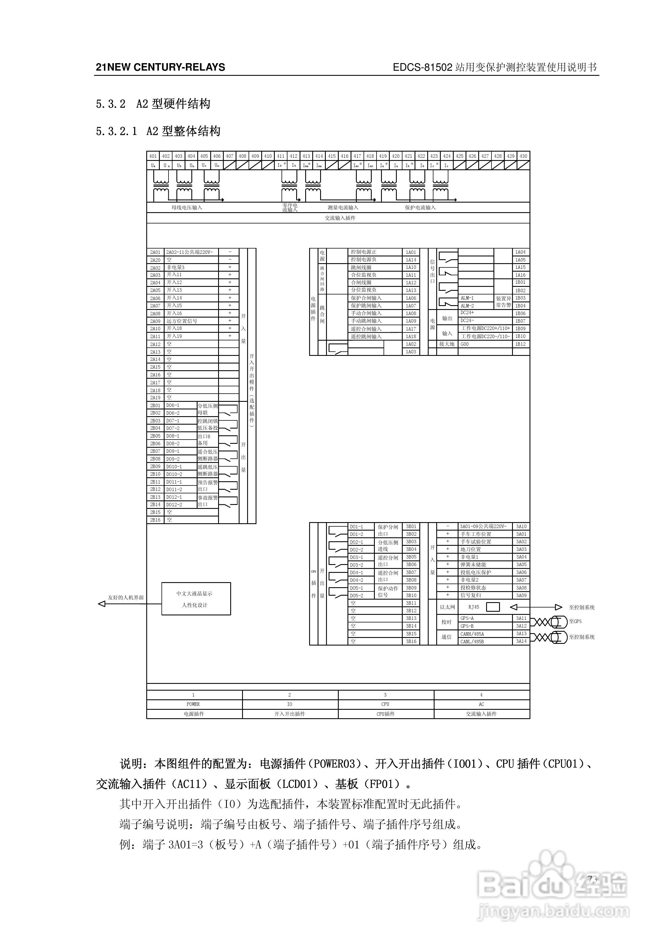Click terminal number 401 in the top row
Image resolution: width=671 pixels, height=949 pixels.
click(x=153, y=156)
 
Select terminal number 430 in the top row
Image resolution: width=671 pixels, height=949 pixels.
click(x=523, y=156)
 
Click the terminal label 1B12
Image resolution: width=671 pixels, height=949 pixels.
click(x=521, y=344)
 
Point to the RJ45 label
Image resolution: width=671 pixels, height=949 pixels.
click(x=474, y=607)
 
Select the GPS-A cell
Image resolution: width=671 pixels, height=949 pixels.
click(x=467, y=618)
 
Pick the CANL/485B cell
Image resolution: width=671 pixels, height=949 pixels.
click(x=472, y=642)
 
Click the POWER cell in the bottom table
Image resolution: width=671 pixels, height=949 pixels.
click(x=193, y=704)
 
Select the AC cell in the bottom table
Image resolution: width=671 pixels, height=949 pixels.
click(x=481, y=704)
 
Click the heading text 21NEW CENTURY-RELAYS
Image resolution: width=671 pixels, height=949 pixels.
click(x=160, y=67)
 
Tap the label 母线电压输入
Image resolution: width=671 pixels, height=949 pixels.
click(x=187, y=207)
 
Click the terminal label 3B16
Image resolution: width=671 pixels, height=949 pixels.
click(x=411, y=642)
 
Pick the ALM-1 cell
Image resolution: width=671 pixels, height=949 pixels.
click(x=467, y=298)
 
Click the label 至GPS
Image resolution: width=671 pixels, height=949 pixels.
click(x=575, y=621)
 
